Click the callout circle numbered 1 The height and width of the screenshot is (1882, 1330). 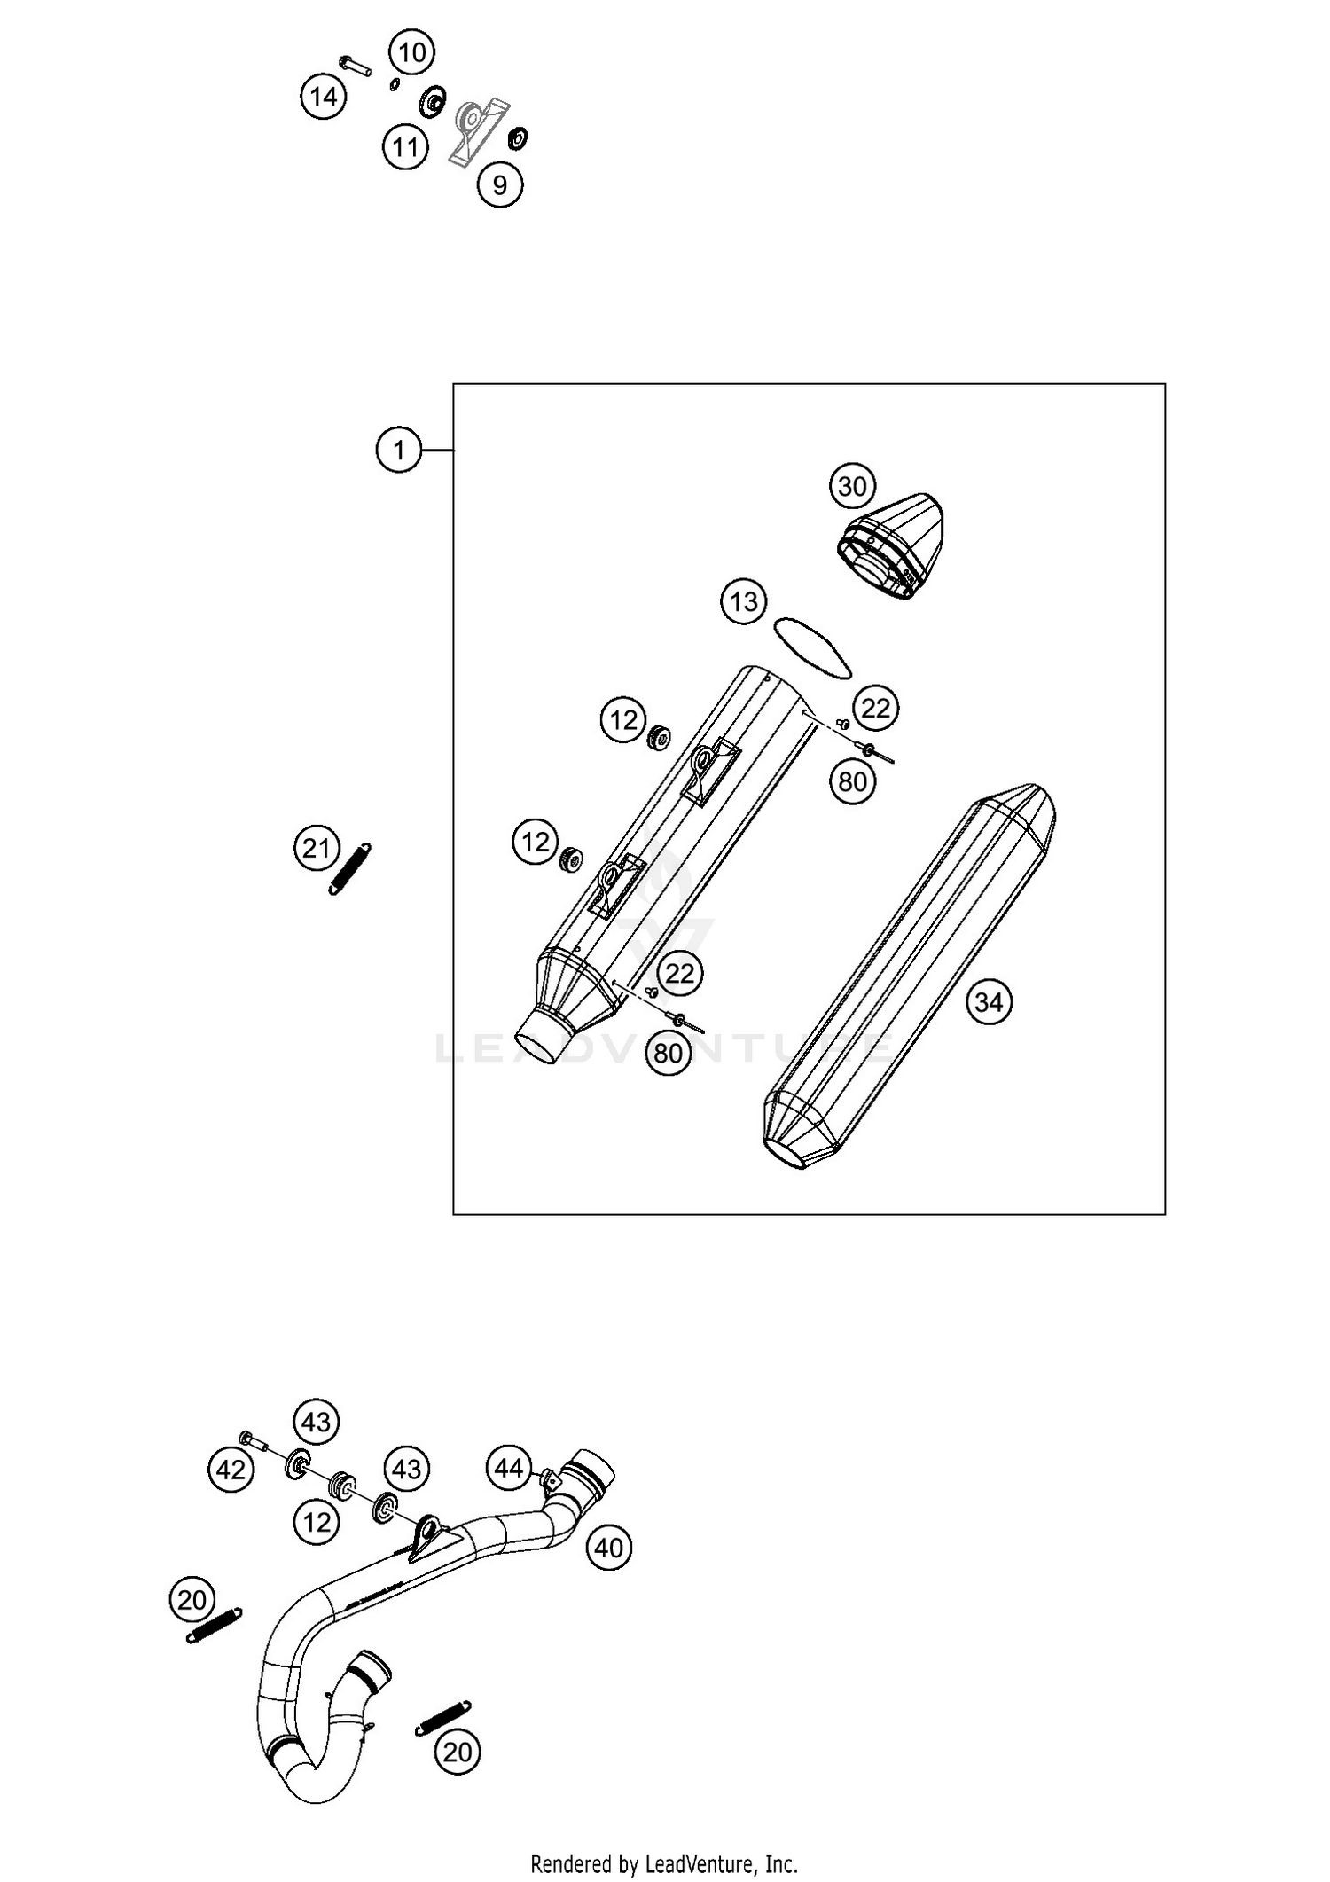(x=399, y=451)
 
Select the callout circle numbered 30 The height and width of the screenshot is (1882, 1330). (x=852, y=486)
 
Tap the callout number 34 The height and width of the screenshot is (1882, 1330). (x=988, y=1002)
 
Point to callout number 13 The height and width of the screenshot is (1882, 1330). (x=743, y=602)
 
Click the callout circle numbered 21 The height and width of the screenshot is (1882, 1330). (x=317, y=849)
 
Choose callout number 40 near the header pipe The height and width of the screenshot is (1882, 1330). (x=609, y=1548)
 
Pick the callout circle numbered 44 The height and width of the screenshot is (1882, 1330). (x=509, y=1468)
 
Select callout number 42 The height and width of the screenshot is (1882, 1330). (x=231, y=1470)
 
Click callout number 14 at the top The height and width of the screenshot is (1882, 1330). (x=324, y=96)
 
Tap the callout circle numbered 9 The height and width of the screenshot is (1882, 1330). (x=500, y=184)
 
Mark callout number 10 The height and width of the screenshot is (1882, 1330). (x=411, y=53)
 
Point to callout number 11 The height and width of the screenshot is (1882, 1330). (x=405, y=146)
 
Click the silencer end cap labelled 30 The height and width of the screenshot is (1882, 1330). (x=891, y=545)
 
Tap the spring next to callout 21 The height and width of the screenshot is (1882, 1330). (x=350, y=868)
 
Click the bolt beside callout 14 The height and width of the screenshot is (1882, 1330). (x=355, y=66)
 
